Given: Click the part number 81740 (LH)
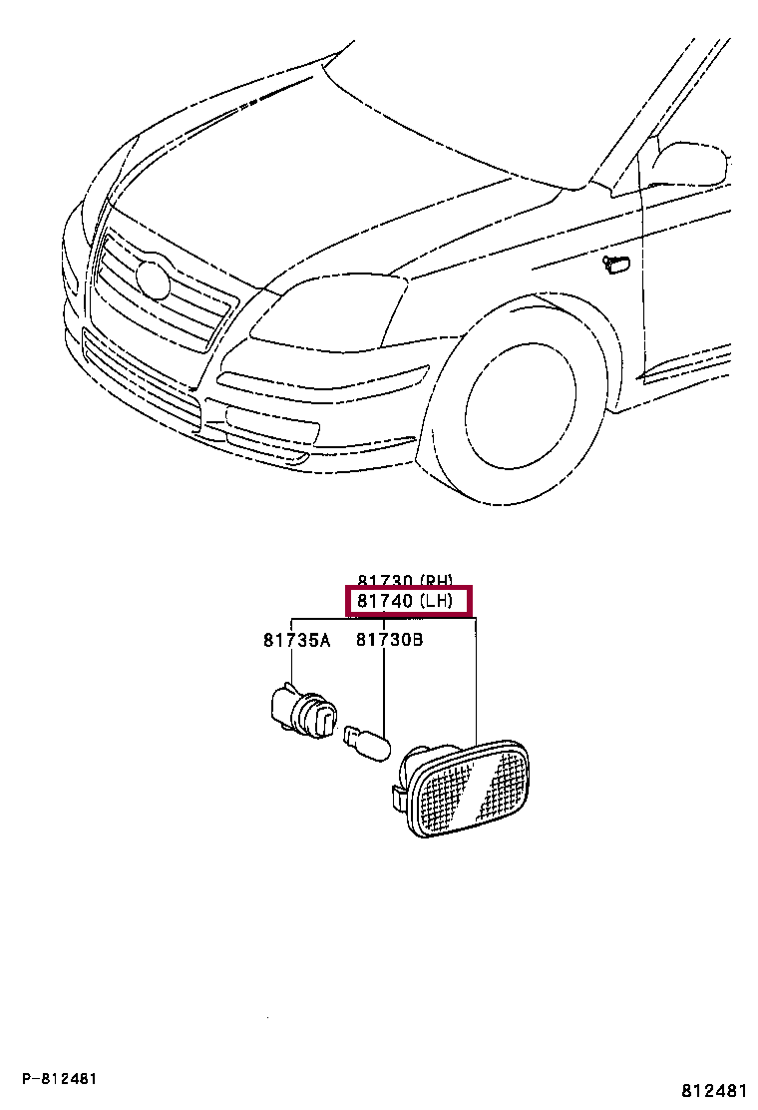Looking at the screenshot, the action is pyautogui.click(x=408, y=601).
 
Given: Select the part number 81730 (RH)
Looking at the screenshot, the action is pyautogui.click(x=408, y=580).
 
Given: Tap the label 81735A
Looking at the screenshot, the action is pyautogui.click(x=296, y=641).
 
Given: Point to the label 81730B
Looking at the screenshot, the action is pyautogui.click(x=389, y=641).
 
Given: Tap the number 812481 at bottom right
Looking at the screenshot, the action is pyautogui.click(x=714, y=1091).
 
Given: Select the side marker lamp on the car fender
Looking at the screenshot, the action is pyautogui.click(x=617, y=263).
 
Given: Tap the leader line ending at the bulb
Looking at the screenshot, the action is pyautogui.click(x=384, y=689).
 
